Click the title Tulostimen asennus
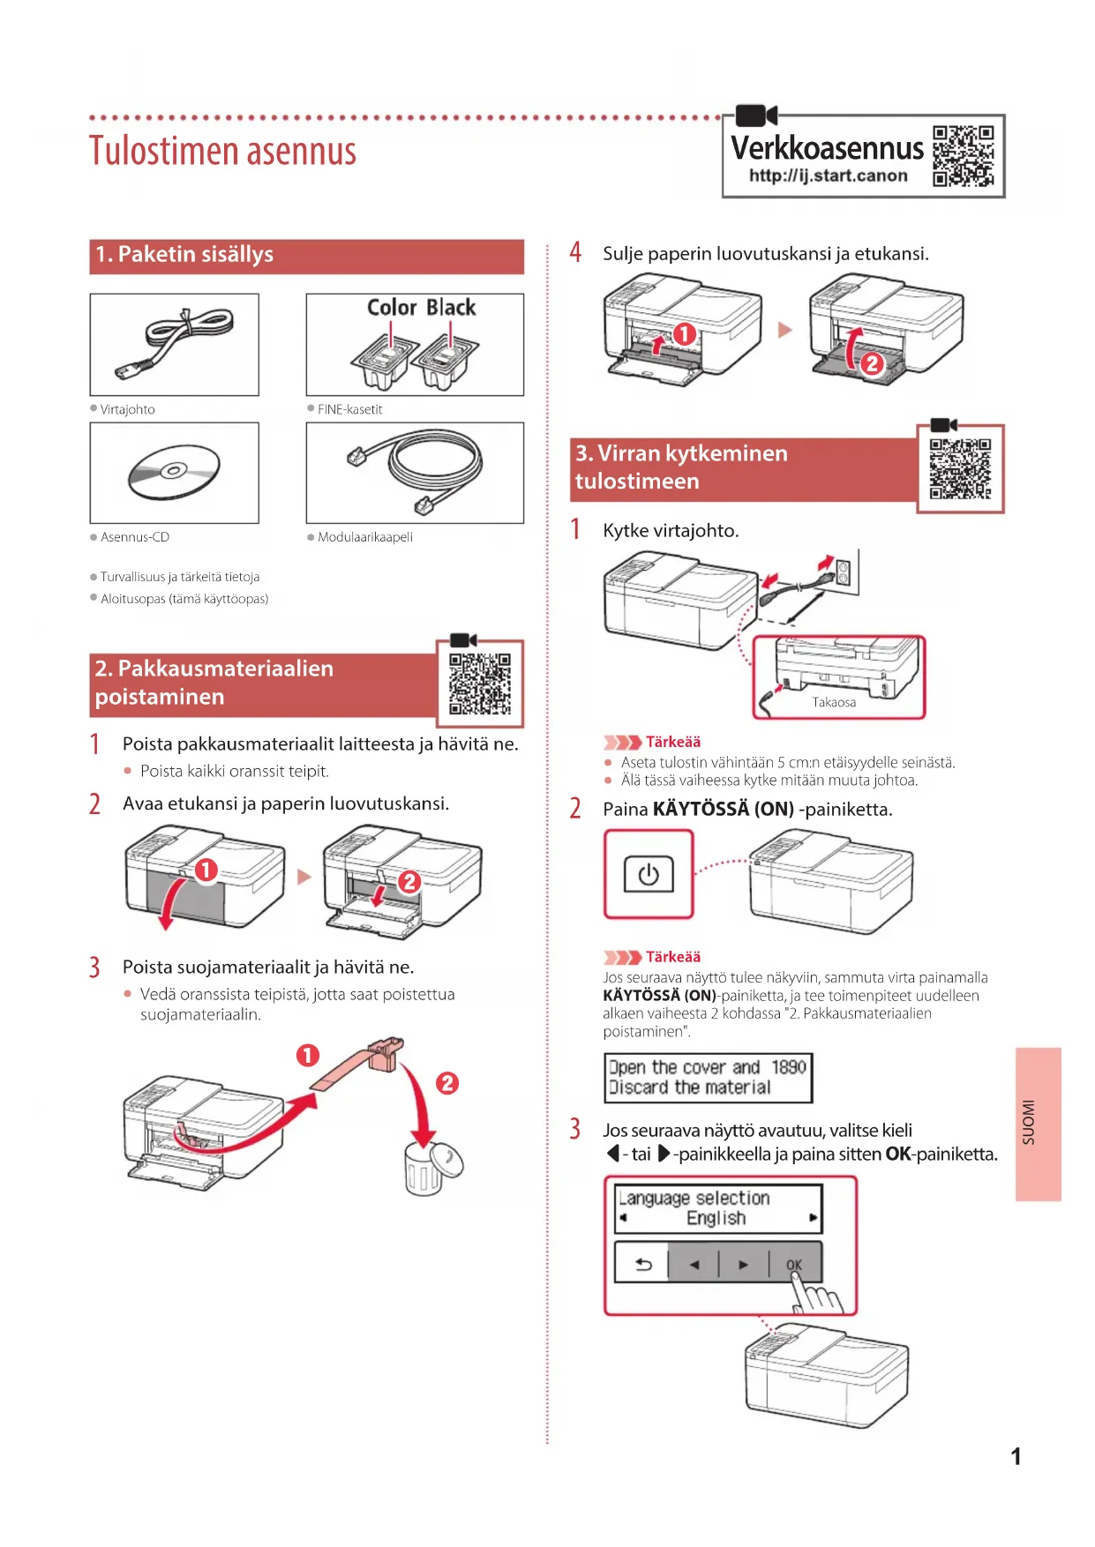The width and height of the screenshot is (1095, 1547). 222,151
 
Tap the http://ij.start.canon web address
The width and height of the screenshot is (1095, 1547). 828,176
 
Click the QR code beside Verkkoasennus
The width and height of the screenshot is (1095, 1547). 964,156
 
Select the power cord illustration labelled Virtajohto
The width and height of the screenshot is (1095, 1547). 174,344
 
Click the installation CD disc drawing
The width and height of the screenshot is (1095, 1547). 174,472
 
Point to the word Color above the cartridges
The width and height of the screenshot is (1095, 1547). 392,307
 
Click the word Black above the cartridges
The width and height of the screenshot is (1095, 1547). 451,307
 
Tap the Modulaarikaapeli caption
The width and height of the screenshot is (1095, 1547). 365,537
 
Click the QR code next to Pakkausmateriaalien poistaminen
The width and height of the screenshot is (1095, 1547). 480,684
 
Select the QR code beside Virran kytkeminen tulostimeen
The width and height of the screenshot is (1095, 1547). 961,468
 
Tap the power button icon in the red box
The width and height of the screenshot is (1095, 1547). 649,875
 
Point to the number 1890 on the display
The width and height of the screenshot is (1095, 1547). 789,1067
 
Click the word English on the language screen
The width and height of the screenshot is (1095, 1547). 716,1218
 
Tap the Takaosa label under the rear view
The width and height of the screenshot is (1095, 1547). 834,702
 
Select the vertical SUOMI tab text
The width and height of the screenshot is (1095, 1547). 1028,1123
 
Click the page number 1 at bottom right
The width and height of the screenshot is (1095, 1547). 1016,1456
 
